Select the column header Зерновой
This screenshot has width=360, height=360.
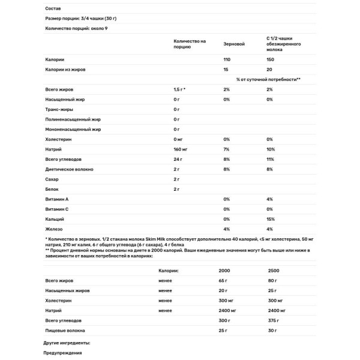tap(234, 44)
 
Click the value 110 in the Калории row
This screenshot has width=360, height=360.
tap(226, 60)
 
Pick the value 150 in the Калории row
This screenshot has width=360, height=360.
tap(271, 60)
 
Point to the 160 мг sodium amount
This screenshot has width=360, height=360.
tap(181, 149)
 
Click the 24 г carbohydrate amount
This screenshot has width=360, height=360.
tap(176, 159)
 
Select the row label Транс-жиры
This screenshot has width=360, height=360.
tap(59, 109)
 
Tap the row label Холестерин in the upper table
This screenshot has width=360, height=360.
tap(59, 139)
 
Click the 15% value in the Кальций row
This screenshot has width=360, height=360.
tap(271, 218)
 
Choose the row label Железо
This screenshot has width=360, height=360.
tap(55, 229)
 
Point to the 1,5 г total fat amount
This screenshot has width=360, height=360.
tap(179, 89)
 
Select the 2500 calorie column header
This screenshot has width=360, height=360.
tap(274, 270)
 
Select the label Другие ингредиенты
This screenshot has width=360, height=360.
tap(67, 343)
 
